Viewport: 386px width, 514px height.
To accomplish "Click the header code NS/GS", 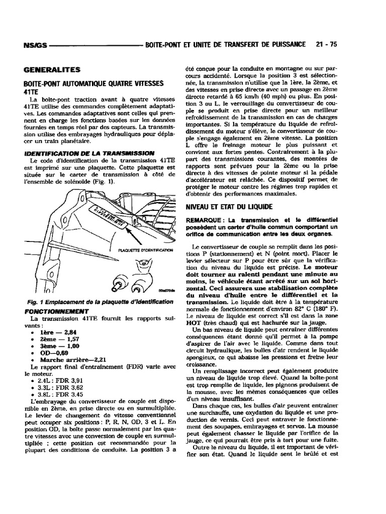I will coord(35,45).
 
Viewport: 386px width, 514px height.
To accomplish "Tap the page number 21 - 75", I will coord(326,44).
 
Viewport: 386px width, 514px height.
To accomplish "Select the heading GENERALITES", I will coord(52,70).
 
